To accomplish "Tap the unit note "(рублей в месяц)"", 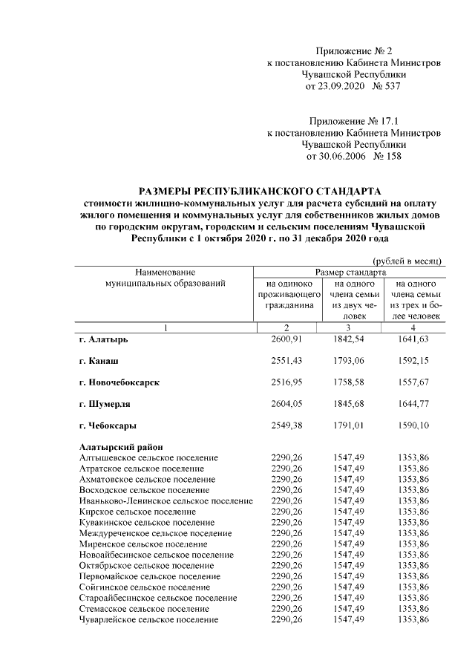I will click(407, 261).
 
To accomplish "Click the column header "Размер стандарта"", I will click(350, 273).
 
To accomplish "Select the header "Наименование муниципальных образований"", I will click(165, 278).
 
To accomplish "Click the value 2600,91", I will click(287, 339).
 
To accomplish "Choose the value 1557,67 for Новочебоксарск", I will click(413, 382).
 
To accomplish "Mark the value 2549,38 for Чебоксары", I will click(287, 425).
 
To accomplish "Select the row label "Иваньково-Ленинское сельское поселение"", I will click(166, 500).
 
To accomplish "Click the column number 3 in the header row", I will click(350, 327).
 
